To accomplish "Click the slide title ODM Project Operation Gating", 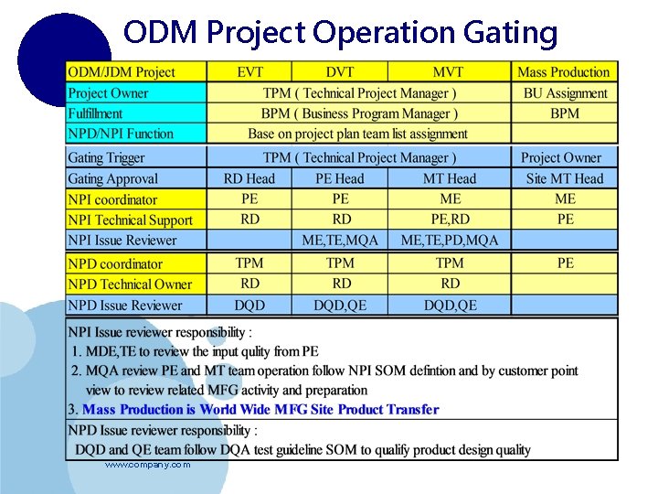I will (x=340, y=33).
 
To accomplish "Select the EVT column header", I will (x=249, y=72).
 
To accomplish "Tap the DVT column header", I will (x=341, y=72).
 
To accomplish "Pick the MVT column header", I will (x=449, y=72).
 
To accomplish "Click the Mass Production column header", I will (x=564, y=72).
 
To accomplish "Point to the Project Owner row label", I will (x=109, y=93).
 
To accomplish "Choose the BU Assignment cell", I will (x=565, y=93).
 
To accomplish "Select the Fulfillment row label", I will (x=95, y=113).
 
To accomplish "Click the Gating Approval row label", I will (x=113, y=179).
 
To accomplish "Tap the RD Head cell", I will (x=249, y=179).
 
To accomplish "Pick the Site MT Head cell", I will (x=565, y=179).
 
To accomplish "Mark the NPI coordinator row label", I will (x=113, y=199).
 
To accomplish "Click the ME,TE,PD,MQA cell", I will (x=449, y=241).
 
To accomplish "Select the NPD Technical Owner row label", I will (x=131, y=285).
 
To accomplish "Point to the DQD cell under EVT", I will (x=249, y=306).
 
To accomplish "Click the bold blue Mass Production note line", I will (x=260, y=410).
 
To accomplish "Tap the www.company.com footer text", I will (x=147, y=466).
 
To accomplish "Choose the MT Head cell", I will (x=449, y=179).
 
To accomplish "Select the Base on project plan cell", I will (x=358, y=134).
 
